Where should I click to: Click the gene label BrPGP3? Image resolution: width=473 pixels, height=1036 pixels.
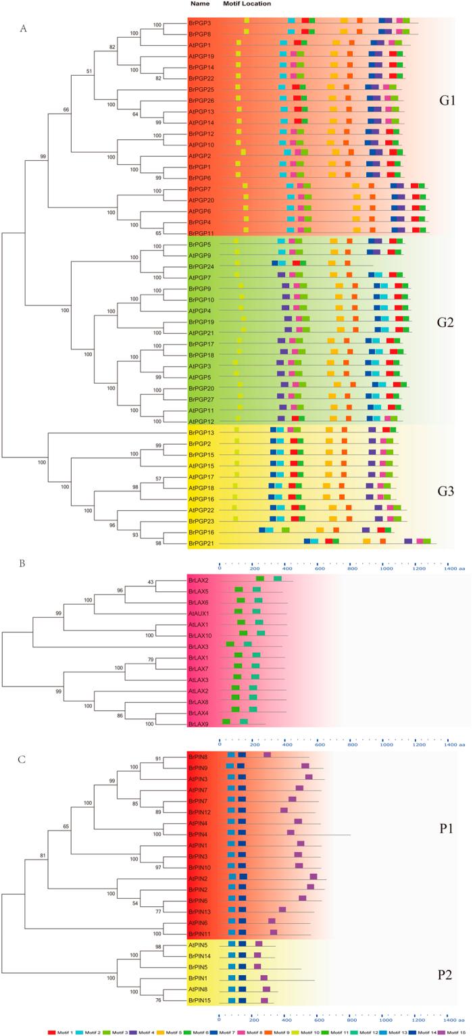[200, 22]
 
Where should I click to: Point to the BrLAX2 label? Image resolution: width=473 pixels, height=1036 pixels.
[200, 579]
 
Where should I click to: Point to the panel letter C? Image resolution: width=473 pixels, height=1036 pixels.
[22, 760]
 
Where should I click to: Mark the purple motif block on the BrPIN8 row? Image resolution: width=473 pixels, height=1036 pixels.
[267, 755]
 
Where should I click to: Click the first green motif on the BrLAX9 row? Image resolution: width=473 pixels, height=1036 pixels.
[226, 722]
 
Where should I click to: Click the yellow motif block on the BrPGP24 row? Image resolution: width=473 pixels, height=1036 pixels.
[236, 263]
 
